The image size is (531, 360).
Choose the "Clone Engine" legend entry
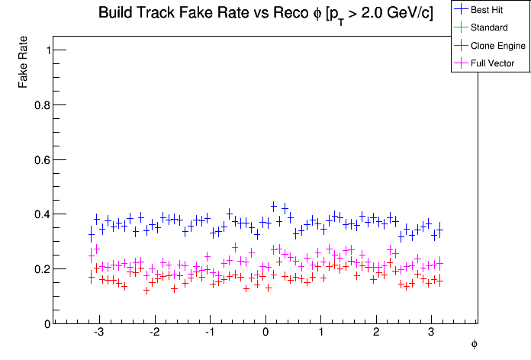click(x=498, y=46)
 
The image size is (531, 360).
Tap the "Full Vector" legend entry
click(x=493, y=63)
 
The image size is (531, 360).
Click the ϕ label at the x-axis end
click(x=475, y=344)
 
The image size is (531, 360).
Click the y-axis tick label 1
click(x=47, y=50)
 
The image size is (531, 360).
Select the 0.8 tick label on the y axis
click(x=43, y=105)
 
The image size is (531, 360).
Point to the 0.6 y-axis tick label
click(x=43, y=160)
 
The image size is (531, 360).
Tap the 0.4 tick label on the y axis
click(x=43, y=214)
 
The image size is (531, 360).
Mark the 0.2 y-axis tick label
click(x=43, y=269)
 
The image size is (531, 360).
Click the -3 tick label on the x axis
click(x=98, y=333)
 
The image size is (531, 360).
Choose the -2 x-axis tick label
click(x=153, y=333)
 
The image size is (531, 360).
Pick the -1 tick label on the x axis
click(x=209, y=333)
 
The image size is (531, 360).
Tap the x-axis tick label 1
click(x=320, y=333)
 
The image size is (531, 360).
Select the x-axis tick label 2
click(x=376, y=333)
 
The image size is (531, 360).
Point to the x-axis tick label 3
click(x=431, y=333)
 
